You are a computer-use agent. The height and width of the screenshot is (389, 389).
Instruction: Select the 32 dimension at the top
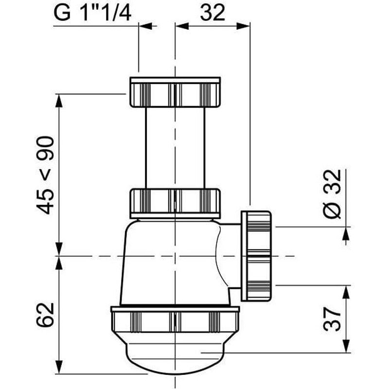coord(212,13)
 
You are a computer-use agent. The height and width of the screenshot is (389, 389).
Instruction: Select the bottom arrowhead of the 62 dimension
coord(59,369)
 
